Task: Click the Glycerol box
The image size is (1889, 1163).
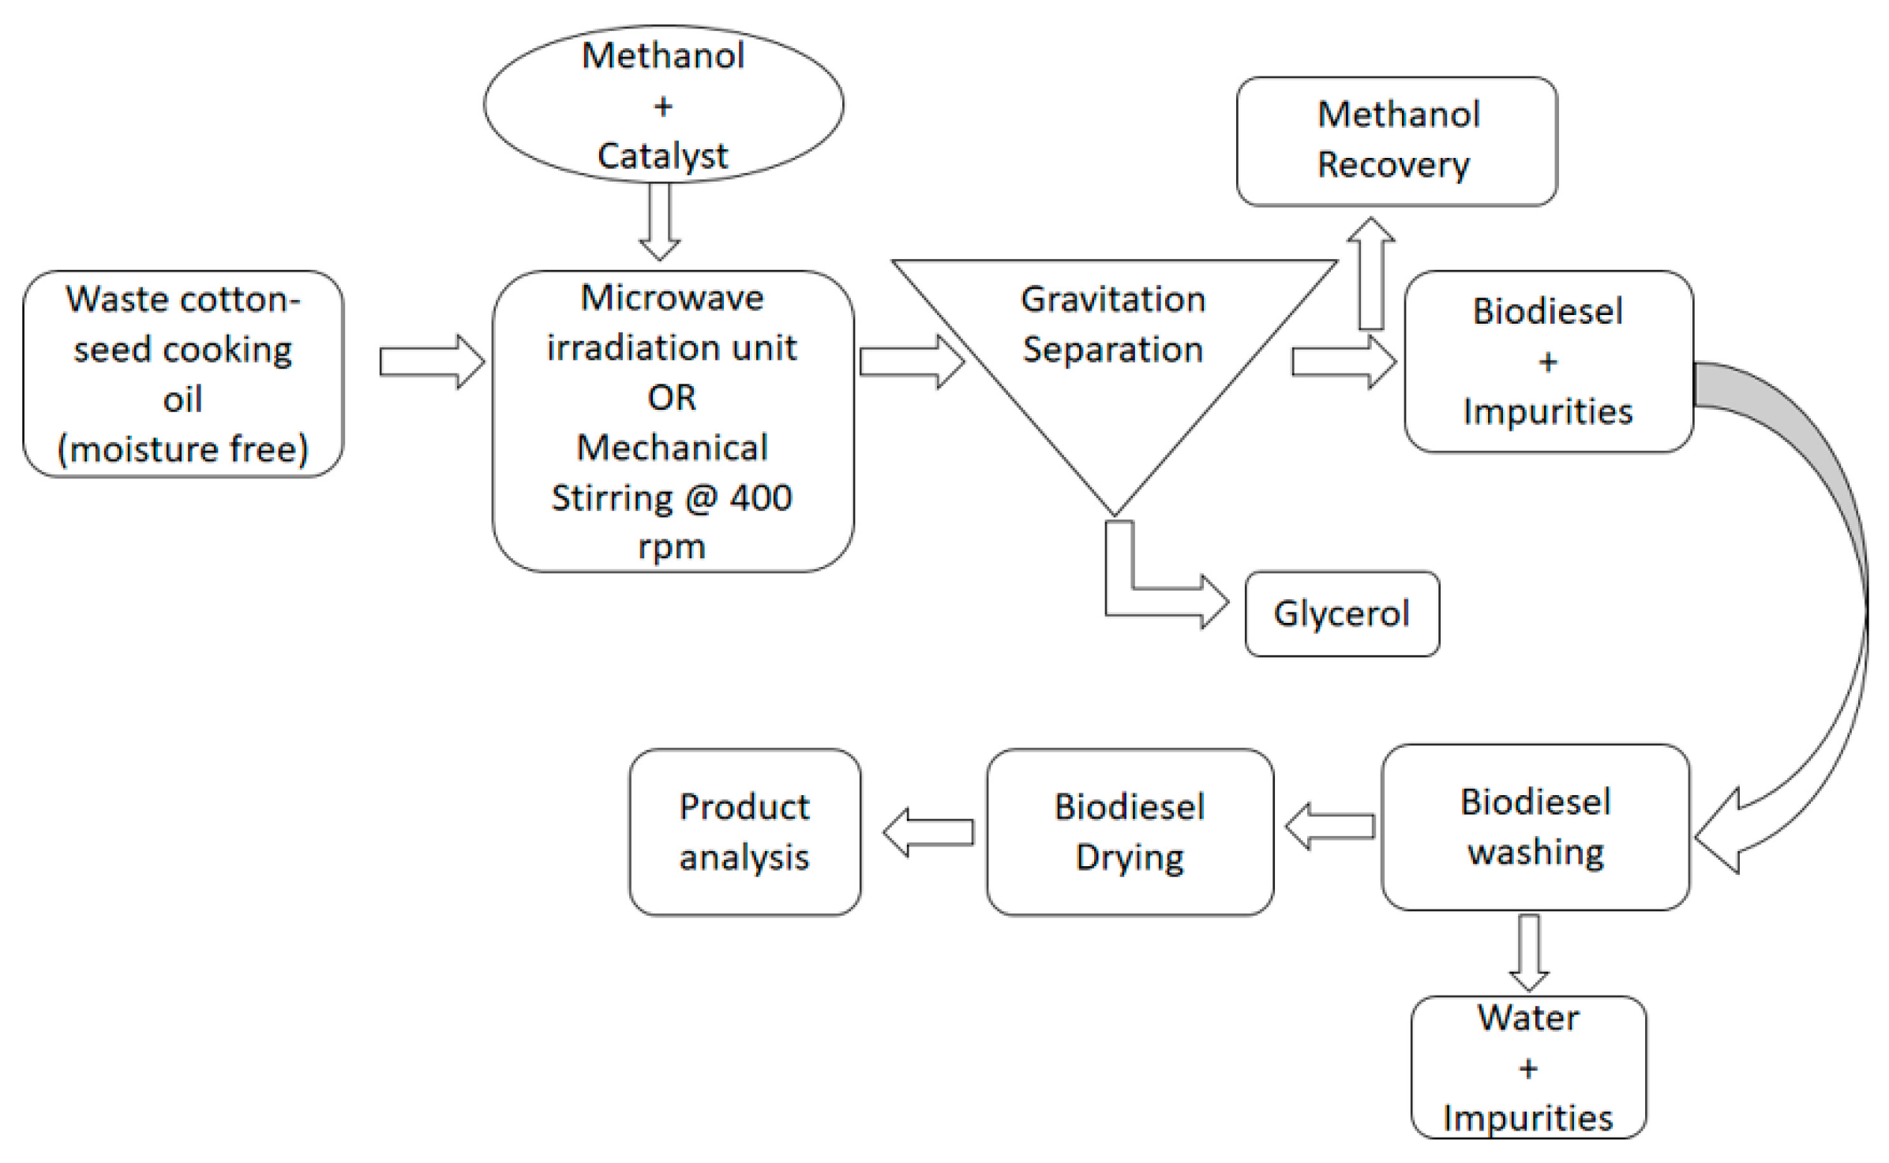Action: [1342, 613]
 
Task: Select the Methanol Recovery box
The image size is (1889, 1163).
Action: [1396, 141]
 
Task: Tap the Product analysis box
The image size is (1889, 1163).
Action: [744, 831]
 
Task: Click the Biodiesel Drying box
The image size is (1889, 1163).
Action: [1129, 831]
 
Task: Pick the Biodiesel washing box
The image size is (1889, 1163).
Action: [1535, 827]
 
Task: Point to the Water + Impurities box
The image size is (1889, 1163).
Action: [1528, 1067]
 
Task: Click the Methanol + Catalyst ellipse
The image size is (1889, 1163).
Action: [663, 104]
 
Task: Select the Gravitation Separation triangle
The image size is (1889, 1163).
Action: [1113, 355]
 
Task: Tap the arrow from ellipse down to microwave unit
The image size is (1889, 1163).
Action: [659, 221]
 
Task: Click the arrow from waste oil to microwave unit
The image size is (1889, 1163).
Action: [431, 362]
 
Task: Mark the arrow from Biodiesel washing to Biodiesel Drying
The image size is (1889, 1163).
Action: [1330, 827]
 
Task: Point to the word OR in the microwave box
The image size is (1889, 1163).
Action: [672, 397]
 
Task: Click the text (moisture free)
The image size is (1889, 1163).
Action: [183, 448]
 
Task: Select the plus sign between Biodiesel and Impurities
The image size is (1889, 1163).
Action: [1547, 362]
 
